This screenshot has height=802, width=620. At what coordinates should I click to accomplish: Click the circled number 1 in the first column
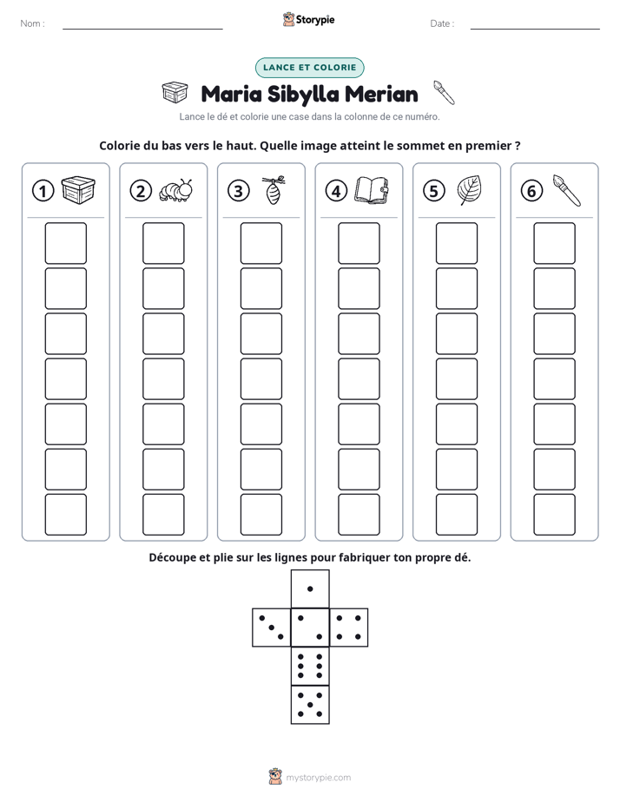pyautogui.click(x=43, y=191)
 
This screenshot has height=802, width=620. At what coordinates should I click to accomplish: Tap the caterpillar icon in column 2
pyautogui.click(x=176, y=190)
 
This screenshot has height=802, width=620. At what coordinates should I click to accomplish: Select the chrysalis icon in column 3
pyautogui.click(x=274, y=190)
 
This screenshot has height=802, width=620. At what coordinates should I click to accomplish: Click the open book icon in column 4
pyautogui.click(x=372, y=191)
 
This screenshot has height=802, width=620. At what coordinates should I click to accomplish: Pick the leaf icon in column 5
pyautogui.click(x=469, y=190)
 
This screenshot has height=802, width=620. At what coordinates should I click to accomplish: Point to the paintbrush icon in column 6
pyautogui.click(x=567, y=190)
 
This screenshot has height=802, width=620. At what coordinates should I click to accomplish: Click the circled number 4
pyautogui.click(x=336, y=191)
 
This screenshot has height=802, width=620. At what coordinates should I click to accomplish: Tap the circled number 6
pyautogui.click(x=531, y=191)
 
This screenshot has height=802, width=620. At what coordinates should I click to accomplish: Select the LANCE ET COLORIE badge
pyautogui.click(x=309, y=68)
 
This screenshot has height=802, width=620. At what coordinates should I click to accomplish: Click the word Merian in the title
pyautogui.click(x=381, y=94)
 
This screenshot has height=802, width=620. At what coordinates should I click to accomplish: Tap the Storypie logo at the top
pyautogui.click(x=309, y=19)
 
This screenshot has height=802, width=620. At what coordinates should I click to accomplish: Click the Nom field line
pyautogui.click(x=142, y=29)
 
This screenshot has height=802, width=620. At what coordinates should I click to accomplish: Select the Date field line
pyautogui.click(x=535, y=29)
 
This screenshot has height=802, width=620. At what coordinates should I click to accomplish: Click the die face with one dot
pyautogui.click(x=310, y=588)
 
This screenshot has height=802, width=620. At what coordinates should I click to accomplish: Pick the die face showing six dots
pyautogui.click(x=310, y=666)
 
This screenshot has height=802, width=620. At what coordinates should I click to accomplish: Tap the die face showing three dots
pyautogui.click(x=272, y=627)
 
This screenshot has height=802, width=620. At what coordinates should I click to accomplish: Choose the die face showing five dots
pyautogui.click(x=310, y=705)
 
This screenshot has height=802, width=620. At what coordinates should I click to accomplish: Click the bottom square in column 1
pyautogui.click(x=65, y=514)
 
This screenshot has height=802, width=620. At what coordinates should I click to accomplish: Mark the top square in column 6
pyautogui.click(x=554, y=243)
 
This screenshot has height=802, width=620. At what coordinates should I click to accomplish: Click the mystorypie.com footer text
pyautogui.click(x=318, y=778)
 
